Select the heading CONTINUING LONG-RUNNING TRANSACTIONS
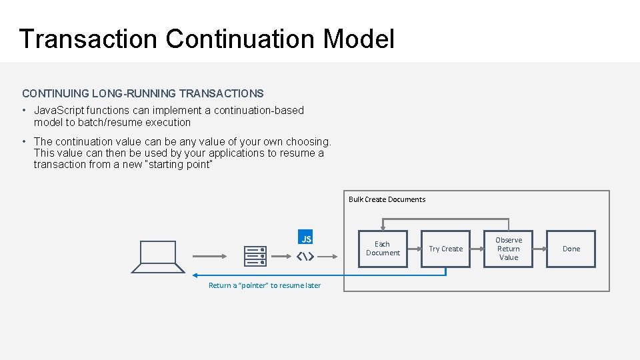[143, 94]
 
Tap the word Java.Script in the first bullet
[60, 111]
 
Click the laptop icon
[158, 256]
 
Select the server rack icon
[255, 256]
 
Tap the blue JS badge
[306, 239]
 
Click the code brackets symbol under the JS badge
[305, 257]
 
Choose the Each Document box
[383, 249]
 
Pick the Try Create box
[445, 249]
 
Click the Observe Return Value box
[509, 249]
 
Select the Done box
[571, 249]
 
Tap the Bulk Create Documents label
[387, 199]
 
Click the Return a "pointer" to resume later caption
[265, 285]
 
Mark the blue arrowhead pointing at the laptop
[195, 275]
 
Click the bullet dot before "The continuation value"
[24, 141]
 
